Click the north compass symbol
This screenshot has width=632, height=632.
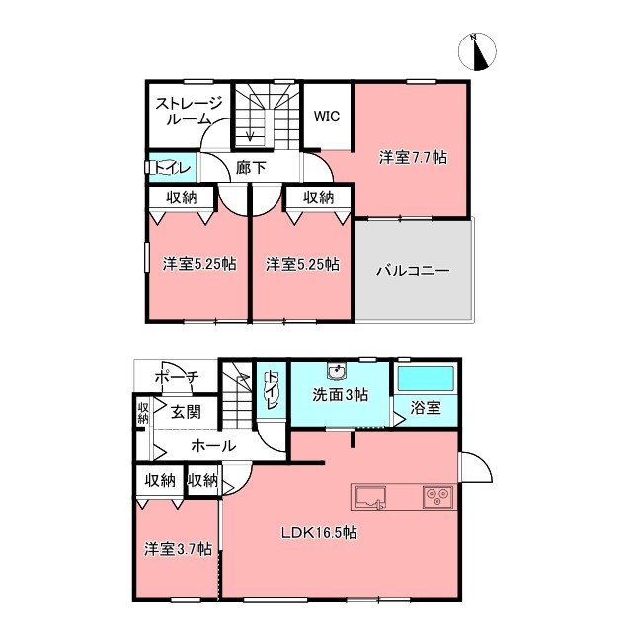(x=477, y=52)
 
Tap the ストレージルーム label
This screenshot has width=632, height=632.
(x=189, y=111)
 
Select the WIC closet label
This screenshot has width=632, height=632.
(x=327, y=117)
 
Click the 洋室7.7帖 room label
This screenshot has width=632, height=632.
(x=413, y=157)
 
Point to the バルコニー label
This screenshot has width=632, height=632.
(x=413, y=270)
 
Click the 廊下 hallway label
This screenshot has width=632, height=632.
(x=251, y=168)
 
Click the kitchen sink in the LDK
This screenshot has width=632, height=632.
(x=370, y=497)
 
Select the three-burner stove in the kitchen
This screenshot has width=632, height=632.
(x=438, y=497)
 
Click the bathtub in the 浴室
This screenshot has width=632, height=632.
(x=426, y=378)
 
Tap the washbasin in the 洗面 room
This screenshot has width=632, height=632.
(x=336, y=372)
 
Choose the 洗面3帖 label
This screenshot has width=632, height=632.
(x=341, y=395)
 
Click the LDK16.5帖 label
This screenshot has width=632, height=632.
(x=319, y=533)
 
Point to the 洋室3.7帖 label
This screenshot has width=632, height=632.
(x=179, y=549)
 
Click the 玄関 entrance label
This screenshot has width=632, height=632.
(x=186, y=412)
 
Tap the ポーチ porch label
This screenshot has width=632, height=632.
(x=178, y=377)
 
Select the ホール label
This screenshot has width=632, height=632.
(x=213, y=446)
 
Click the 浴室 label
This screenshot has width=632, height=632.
(x=426, y=408)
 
